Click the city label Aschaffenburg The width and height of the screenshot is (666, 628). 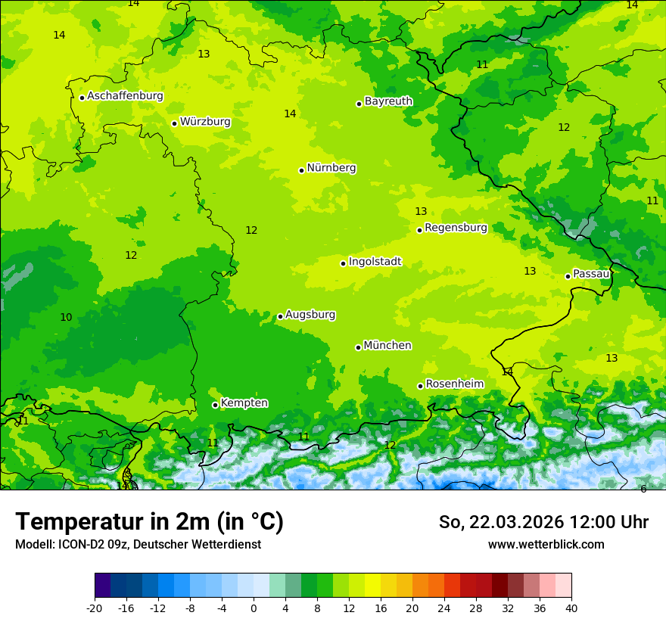tap(125, 96)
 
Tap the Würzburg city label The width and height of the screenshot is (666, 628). tap(205, 122)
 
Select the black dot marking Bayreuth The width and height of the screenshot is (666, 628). tap(359, 104)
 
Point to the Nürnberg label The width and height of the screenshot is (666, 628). tap(331, 168)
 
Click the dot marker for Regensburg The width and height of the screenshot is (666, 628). tap(419, 230)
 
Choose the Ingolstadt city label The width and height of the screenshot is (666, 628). tap(375, 262)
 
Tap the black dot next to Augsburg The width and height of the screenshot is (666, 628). tap(280, 316)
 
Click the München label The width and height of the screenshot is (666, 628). tap(387, 346)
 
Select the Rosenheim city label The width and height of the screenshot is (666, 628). tap(454, 384)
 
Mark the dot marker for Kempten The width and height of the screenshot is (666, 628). tap(215, 405)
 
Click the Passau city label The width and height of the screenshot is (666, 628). tap(591, 274)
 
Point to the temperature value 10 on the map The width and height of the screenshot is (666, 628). tap(66, 318)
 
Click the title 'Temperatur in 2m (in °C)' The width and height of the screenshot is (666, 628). tap(149, 522)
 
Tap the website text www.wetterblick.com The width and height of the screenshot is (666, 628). tap(546, 545)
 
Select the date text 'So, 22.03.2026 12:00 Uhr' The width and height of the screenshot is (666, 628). tap(543, 522)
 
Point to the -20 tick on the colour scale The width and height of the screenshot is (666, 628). tap(95, 608)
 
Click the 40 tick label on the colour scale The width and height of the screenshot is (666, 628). tap(571, 608)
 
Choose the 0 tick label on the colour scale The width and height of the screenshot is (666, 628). tap(254, 608)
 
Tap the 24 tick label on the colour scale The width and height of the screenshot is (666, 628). tap(443, 608)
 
